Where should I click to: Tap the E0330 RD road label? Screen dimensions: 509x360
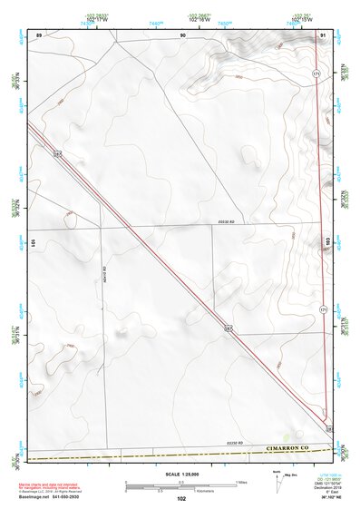227,221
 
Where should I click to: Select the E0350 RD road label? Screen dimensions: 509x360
219,442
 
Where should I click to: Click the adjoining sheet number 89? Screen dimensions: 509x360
39,34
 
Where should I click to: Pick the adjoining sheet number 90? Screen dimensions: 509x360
182,34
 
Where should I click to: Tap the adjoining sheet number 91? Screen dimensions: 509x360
324,34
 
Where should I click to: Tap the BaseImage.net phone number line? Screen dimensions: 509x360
49,497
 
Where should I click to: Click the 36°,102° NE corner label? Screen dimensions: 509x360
320,498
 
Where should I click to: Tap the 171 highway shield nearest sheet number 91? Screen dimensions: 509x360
316,73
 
